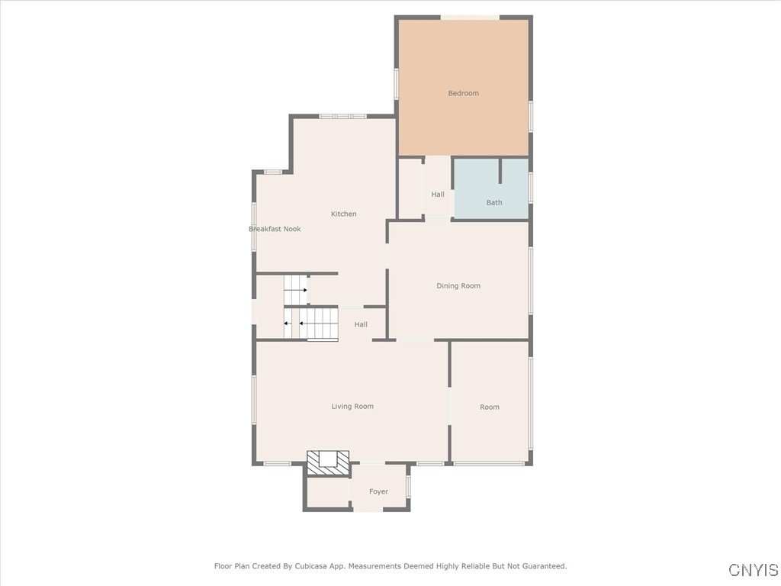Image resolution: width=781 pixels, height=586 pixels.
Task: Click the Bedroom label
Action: [x=463, y=93]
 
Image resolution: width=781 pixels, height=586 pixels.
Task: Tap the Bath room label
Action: [x=494, y=202]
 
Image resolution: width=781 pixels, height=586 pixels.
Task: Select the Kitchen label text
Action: [x=343, y=214]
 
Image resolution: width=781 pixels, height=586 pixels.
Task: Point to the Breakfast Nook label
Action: [x=275, y=229]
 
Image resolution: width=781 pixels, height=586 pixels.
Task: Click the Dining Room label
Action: [x=458, y=286]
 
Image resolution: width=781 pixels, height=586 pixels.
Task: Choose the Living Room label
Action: [x=352, y=407]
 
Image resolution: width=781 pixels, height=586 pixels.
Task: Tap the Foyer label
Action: [x=378, y=491]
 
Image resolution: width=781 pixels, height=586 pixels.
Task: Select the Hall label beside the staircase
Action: [x=361, y=324]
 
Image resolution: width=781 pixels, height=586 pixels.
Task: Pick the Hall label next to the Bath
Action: [x=438, y=195]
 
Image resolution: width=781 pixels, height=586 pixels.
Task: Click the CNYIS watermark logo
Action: [x=753, y=570]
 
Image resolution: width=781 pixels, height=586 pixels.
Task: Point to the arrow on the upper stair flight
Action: [x=304, y=291]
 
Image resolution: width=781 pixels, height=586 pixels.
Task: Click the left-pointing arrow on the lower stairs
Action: [x=288, y=324]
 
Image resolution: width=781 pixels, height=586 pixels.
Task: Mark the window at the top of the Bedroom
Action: [x=470, y=17]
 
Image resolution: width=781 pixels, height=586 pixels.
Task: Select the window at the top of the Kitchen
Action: [x=342, y=116]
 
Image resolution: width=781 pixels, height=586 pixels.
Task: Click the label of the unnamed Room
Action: [x=490, y=407]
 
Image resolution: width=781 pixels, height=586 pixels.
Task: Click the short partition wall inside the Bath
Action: [x=500, y=171]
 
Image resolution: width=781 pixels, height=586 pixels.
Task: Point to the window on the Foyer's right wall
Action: [x=409, y=486]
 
